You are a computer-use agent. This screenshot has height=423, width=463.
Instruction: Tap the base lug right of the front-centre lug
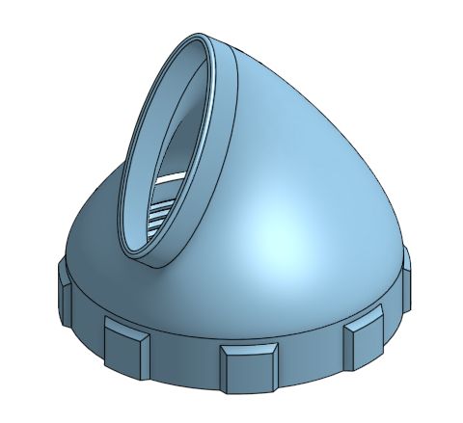[360, 338]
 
